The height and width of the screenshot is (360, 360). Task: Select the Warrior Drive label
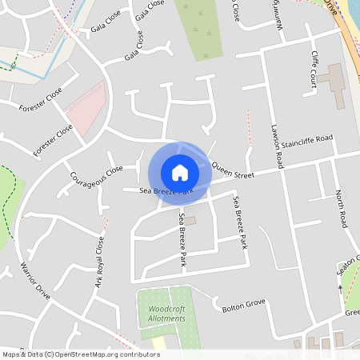[35, 281]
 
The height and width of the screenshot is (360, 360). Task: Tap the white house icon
[179, 172]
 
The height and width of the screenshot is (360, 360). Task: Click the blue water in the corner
[351, 12]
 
